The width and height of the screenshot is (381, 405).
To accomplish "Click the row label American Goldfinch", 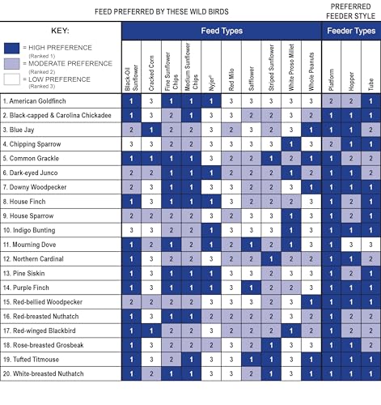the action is (x=34, y=101).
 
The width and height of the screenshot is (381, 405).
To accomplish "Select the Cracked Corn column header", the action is (x=151, y=73).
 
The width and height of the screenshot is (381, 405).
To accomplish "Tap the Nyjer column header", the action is (x=211, y=83).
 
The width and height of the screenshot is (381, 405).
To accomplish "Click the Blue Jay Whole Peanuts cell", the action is (x=311, y=130).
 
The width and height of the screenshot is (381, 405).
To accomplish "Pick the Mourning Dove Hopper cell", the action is (x=351, y=245).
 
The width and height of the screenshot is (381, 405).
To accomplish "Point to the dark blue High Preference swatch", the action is (x=11, y=49).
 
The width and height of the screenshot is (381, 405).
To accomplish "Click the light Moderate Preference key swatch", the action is (x=11, y=64).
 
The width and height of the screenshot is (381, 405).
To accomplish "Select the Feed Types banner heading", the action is (x=222, y=31).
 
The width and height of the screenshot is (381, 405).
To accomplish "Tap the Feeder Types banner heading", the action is (x=351, y=31).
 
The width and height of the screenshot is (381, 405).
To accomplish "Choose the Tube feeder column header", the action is (x=371, y=84).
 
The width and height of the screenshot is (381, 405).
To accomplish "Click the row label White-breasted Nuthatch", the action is (x=43, y=373).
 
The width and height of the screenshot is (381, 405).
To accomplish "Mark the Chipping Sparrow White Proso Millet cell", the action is (x=291, y=144).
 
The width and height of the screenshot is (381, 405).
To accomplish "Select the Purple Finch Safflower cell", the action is (x=252, y=288).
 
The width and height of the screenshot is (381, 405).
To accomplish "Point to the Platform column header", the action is (x=332, y=80).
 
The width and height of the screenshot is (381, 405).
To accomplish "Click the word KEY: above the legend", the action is (x=60, y=31).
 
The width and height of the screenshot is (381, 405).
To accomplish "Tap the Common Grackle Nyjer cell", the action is (x=211, y=159).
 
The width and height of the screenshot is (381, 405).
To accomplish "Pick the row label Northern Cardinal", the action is (x=33, y=259).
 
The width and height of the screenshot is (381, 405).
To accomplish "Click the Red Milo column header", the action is (x=231, y=79).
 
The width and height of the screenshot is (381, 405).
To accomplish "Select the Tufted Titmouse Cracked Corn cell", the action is (x=151, y=360).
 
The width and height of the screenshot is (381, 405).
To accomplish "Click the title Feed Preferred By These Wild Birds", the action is (x=162, y=11).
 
